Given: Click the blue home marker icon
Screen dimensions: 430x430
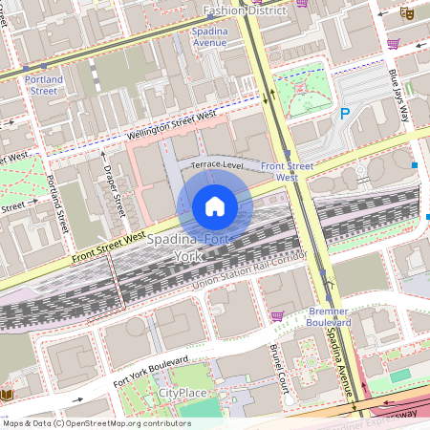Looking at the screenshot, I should tap(214, 206).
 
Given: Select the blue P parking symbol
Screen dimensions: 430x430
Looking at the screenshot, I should tap(346, 115).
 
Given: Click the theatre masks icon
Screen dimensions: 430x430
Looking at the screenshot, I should tap(406, 14).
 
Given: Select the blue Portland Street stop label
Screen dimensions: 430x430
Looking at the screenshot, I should tap(44, 85).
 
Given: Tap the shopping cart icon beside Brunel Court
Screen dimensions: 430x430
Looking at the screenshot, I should tap(277, 316).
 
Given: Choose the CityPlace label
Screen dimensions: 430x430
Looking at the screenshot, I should tap(183, 393).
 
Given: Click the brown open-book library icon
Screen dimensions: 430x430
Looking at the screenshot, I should tap(8, 395).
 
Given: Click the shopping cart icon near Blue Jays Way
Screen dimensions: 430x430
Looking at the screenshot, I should tap(393, 43).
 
